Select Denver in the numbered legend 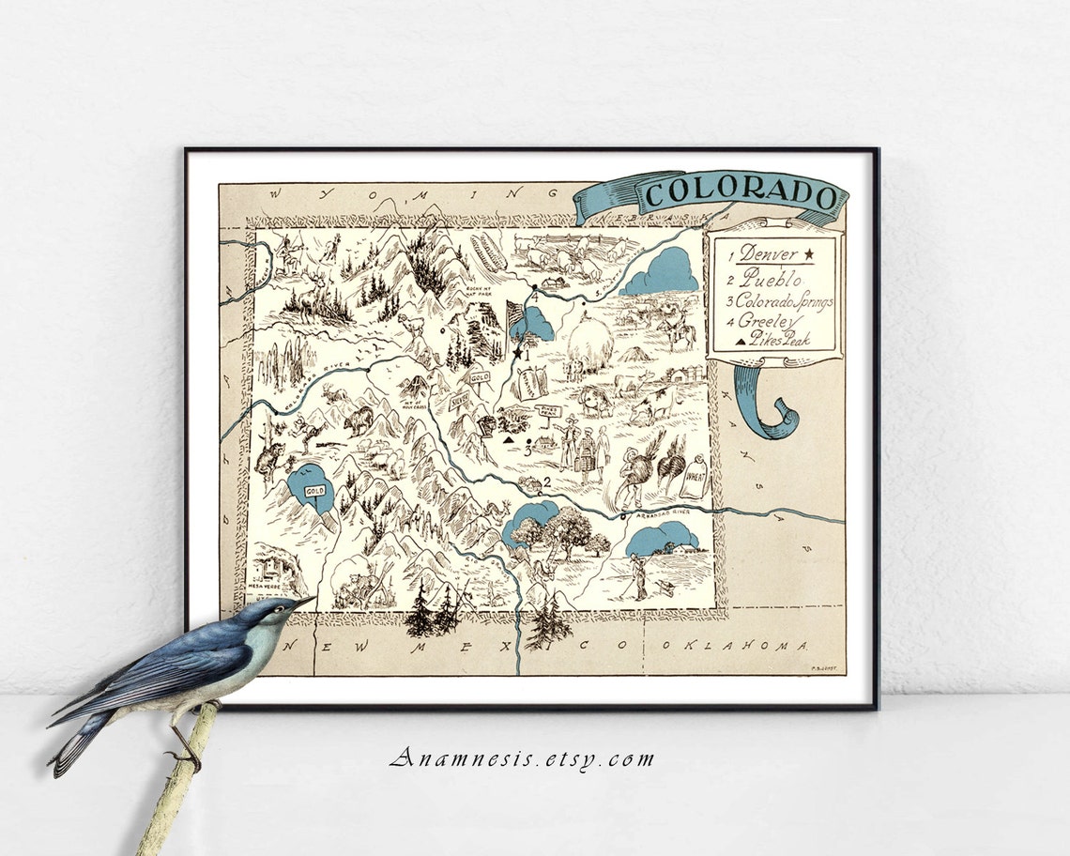pos(768,253)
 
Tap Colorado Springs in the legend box pos(784,301)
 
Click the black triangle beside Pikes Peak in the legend pos(740,343)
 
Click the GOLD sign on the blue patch pos(313,490)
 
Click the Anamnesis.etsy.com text pos(523,759)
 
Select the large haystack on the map pos(590,344)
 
